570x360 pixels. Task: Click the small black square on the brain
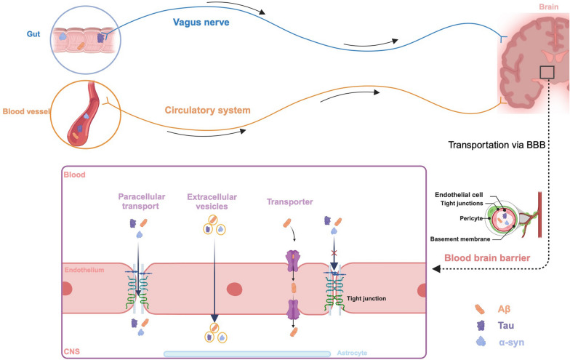coord(547,73)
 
